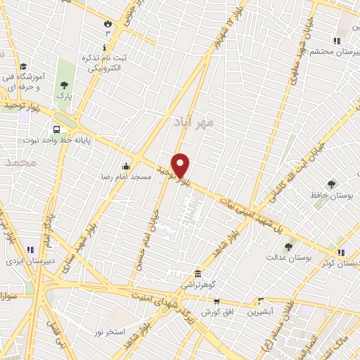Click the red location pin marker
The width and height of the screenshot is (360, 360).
click(181, 165)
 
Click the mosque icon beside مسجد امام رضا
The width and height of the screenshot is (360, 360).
click(126, 166)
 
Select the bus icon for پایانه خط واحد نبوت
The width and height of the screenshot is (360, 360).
click(56, 129)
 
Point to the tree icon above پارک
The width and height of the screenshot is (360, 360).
click(65, 84)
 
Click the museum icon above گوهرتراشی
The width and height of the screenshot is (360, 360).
click(199, 274)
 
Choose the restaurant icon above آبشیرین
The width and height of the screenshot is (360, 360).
click(261, 300)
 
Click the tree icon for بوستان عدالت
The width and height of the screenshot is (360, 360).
click(289, 246)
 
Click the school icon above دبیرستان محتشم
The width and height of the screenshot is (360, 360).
click(337, 40)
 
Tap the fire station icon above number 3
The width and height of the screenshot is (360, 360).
click(108, 22)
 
